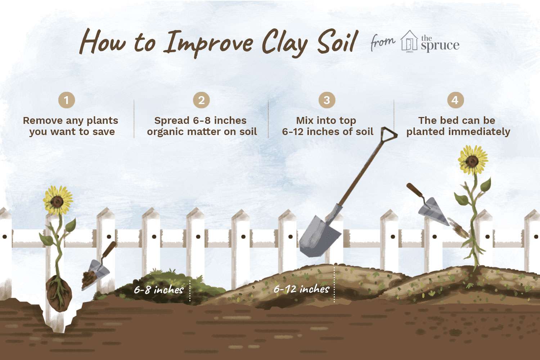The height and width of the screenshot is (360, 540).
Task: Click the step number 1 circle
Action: click(x=67, y=100)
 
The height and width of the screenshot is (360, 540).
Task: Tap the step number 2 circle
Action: click(x=201, y=100)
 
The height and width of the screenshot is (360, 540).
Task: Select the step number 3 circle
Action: click(x=327, y=100)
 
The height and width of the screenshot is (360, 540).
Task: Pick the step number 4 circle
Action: click(x=455, y=100)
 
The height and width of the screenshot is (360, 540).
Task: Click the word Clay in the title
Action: click(x=285, y=44)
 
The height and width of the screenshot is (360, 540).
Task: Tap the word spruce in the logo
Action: click(x=440, y=46)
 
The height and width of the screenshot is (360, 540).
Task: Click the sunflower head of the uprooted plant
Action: click(x=58, y=200)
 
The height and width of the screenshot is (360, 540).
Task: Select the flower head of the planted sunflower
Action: click(x=473, y=160)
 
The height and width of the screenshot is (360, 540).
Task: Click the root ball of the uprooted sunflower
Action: click(x=59, y=294)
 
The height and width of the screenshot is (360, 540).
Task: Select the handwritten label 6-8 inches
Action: click(x=159, y=289)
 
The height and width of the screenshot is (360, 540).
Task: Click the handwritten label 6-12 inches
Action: click(x=301, y=289)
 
